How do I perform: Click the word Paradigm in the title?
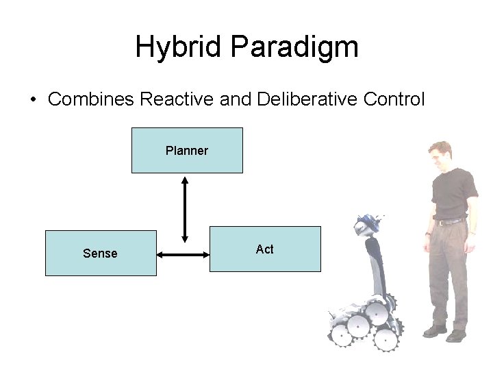(x=294, y=47)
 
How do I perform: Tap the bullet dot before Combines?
(x=32, y=99)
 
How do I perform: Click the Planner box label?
(x=186, y=151)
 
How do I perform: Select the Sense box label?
(x=100, y=254)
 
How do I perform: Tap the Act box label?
(x=264, y=249)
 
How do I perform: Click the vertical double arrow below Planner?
(x=184, y=209)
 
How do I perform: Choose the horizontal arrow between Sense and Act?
(x=183, y=255)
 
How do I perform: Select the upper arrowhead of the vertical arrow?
(x=184, y=180)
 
